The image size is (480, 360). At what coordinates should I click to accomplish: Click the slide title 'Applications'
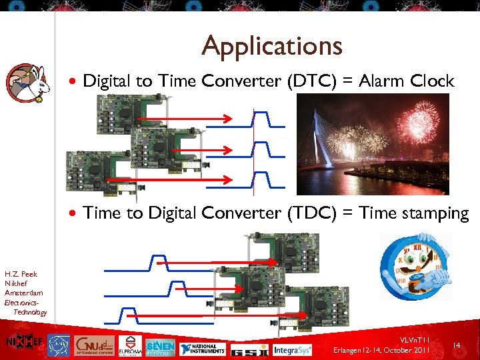coord(272,46)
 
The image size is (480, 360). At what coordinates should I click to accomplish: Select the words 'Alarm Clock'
coord(407,81)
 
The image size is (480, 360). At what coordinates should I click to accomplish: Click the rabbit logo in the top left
coord(26,83)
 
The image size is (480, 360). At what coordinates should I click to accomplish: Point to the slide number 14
coord(457,345)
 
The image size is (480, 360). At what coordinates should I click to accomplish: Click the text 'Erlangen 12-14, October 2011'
coord(382,350)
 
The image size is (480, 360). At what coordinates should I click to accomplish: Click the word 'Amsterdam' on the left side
coord(23,293)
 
